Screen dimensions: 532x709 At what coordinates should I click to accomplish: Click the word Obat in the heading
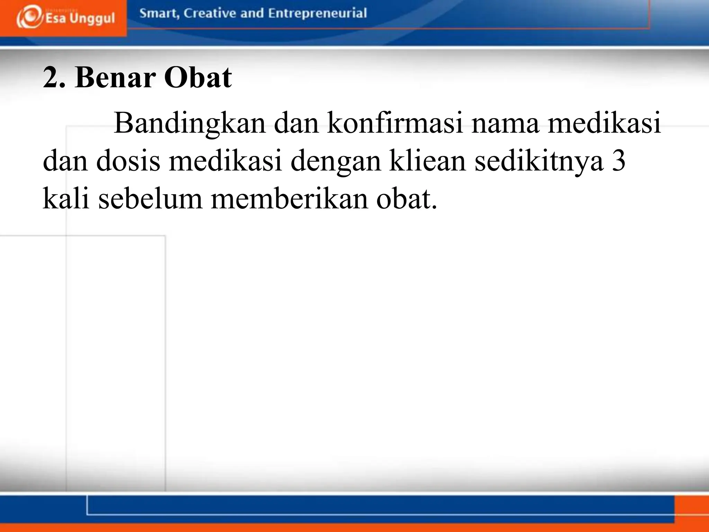[198, 78]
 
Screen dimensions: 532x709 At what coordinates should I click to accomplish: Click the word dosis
[128, 161]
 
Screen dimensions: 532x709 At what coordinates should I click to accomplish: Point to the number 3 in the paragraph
[619, 161]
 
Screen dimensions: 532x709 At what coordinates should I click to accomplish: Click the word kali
[66, 199]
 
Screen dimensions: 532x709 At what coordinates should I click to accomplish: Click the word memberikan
[289, 199]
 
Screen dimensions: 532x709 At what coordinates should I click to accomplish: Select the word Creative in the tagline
[210, 13]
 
